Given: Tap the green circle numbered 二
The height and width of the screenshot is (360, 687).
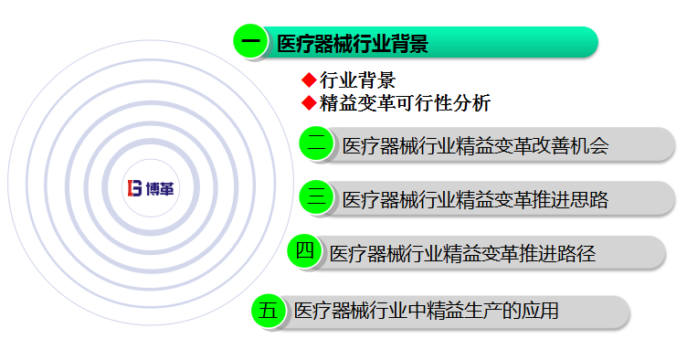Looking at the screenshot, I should tap(318, 143).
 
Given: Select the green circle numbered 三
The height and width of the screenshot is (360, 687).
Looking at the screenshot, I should tap(318, 197).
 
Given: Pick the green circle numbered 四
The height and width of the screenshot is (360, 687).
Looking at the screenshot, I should tap(305, 251).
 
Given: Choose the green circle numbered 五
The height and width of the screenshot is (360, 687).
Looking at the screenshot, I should tap(269, 311).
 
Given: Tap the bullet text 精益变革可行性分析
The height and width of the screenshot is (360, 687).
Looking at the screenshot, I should tap(405, 103).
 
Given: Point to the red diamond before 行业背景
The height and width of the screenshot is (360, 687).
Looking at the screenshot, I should tap(309, 80).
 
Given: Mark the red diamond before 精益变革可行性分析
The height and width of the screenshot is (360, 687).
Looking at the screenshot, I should tap(309, 102).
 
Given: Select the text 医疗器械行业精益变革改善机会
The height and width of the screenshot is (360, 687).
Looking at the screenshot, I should tap(474, 145).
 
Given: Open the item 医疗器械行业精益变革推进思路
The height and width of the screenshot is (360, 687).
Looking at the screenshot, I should tap(474, 199).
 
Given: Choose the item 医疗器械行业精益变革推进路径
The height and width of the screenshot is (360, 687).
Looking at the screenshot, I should tap(461, 253).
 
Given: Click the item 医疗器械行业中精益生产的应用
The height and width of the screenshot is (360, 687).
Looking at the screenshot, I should tap(426, 312).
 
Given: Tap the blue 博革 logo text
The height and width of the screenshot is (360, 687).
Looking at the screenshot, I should tap(163, 188).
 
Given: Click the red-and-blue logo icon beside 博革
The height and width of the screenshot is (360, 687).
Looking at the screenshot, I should tap(135, 188).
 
